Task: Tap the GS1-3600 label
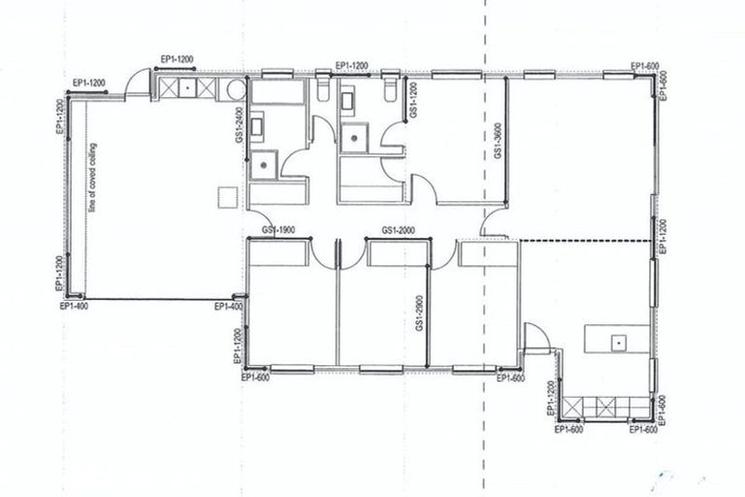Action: click(498, 141)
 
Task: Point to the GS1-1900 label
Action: click(278, 230)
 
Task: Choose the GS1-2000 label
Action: click(399, 230)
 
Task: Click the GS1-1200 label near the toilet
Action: click(413, 100)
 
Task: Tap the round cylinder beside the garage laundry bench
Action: click(233, 90)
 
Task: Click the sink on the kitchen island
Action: click(616, 342)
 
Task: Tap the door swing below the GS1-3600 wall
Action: click(494, 225)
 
